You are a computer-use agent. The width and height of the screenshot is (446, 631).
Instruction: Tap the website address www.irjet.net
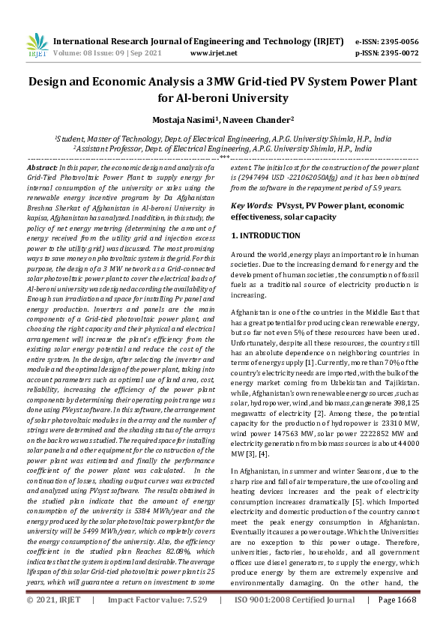coord(214,53)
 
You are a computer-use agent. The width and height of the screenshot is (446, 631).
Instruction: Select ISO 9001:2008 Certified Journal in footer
coord(295,621)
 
